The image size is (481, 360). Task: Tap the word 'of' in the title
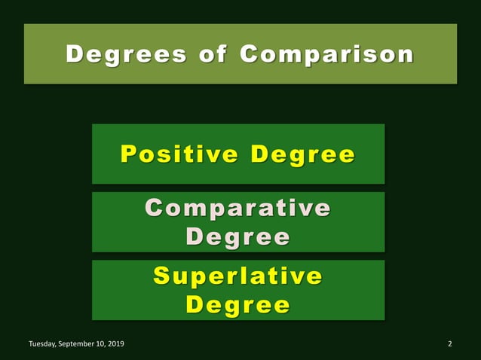click(209, 54)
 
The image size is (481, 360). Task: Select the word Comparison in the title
click(327, 54)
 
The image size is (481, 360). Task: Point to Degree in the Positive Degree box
click(302, 154)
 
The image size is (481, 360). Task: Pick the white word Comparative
click(237, 208)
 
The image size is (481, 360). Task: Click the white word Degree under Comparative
click(237, 237)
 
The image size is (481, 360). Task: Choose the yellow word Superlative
click(237, 276)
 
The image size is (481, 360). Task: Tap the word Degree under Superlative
click(237, 305)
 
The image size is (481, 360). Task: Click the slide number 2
click(449, 344)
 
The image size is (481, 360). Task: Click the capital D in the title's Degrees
click(74, 54)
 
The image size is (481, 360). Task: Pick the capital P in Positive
click(129, 154)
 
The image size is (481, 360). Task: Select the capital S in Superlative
click(161, 276)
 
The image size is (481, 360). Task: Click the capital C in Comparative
click(155, 208)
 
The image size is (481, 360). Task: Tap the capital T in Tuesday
click(31, 344)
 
